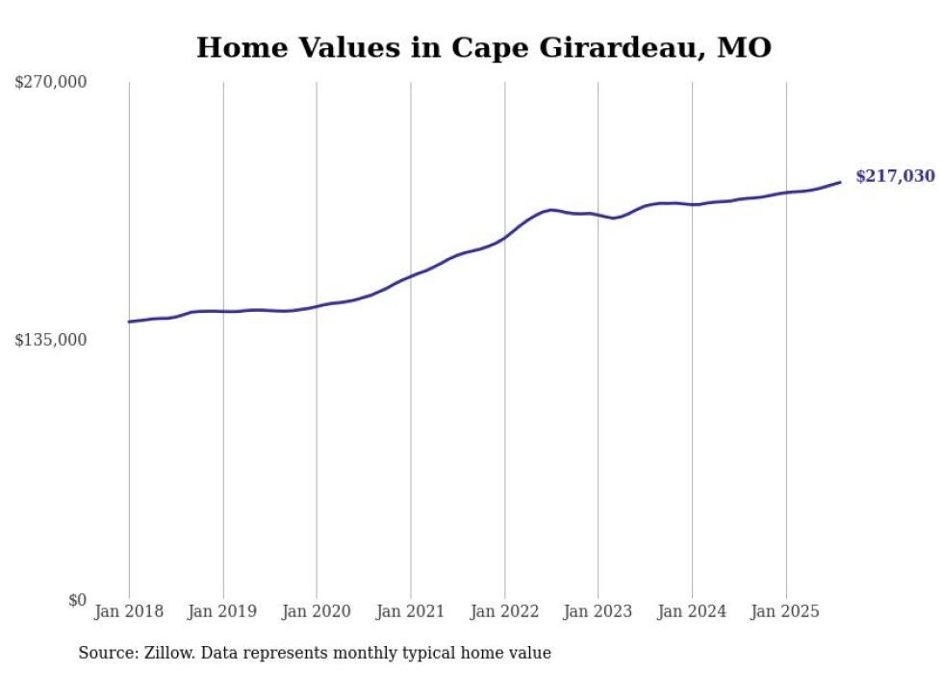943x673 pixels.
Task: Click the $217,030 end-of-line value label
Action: click(x=894, y=176)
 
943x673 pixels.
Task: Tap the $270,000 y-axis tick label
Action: click(x=50, y=83)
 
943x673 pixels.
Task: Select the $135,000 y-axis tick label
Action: click(x=50, y=340)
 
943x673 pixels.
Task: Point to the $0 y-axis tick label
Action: click(x=77, y=600)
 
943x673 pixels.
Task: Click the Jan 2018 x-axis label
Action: click(x=129, y=611)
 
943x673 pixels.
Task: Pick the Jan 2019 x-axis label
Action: click(x=223, y=611)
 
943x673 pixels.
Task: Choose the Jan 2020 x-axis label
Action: click(x=317, y=611)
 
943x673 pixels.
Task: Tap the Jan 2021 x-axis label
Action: click(x=411, y=611)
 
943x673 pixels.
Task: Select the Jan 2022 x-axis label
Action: click(x=504, y=611)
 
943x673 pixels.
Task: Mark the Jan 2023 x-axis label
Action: click(x=598, y=611)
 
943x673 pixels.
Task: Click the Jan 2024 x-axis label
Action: click(x=692, y=611)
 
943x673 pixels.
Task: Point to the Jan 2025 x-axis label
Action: click(x=785, y=611)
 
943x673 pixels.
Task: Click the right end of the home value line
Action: click(x=840, y=182)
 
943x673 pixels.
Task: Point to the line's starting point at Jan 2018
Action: click(x=129, y=322)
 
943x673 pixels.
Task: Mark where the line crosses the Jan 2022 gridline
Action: click(x=504, y=237)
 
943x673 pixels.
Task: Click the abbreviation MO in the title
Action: click(x=746, y=47)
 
